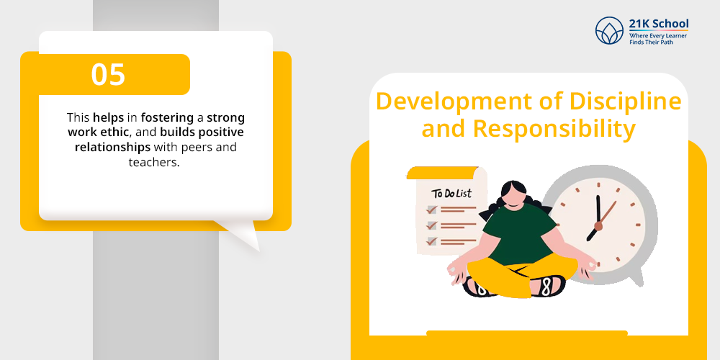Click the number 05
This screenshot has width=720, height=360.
click(108, 74)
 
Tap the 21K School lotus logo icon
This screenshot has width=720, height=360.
click(609, 31)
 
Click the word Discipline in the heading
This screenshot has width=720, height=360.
click(626, 102)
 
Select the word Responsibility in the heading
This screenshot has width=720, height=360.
click(554, 129)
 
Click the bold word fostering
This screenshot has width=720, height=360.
click(167, 118)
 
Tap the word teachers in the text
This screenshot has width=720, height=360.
click(152, 163)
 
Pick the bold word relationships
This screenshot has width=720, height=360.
click(112, 148)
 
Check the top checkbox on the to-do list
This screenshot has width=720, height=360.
click(431, 210)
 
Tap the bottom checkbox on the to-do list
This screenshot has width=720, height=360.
click(431, 240)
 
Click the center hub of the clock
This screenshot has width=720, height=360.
click(598, 226)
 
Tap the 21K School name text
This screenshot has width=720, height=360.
click(659, 24)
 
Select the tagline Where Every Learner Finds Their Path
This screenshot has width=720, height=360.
click(658, 38)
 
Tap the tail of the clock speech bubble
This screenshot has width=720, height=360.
click(636, 278)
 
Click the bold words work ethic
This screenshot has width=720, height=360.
click(99, 132)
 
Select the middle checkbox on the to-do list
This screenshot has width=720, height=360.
click(431, 225)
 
